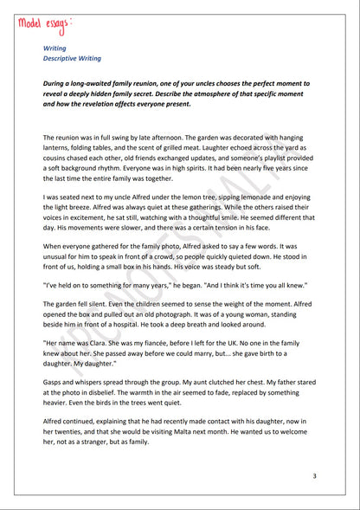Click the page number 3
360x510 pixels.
coord(315,476)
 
